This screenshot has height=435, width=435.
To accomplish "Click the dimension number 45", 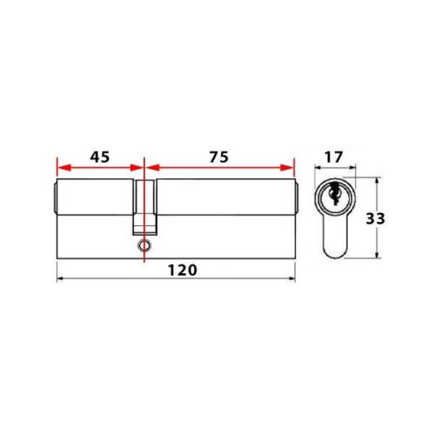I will tap(99, 157).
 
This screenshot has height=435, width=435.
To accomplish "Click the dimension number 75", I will tap(218, 157).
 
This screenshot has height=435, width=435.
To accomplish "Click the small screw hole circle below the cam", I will tap(143, 246).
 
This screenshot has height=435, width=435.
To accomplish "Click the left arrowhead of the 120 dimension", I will tap(60, 279).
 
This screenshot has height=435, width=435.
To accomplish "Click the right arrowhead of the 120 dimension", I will tap(291, 279).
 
